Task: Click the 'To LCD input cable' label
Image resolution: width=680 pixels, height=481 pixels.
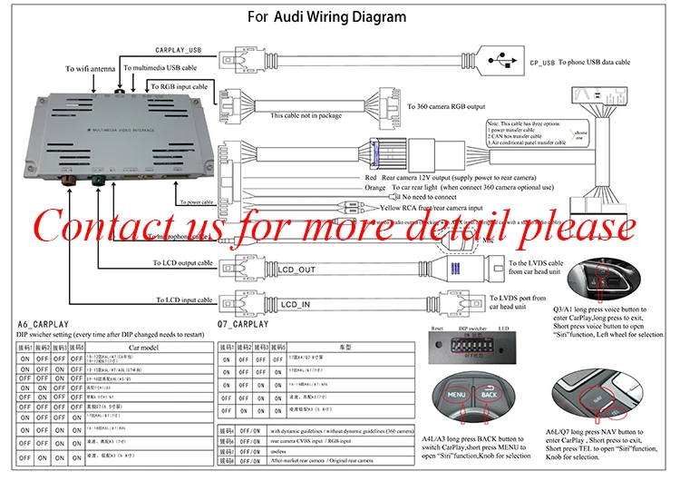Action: tap(184, 299)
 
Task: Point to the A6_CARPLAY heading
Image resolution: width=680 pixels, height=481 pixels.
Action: tap(44, 324)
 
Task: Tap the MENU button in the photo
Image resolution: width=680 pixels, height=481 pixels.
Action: tap(454, 396)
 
